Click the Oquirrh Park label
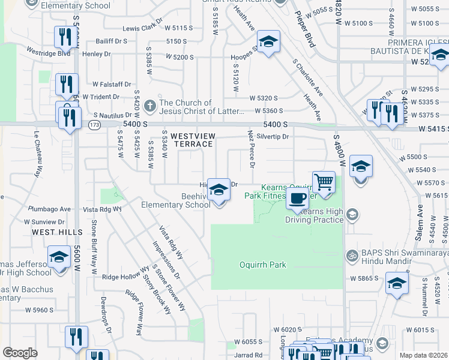pos(264,265)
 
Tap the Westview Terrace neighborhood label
pos(191,140)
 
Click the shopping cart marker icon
pos(324,182)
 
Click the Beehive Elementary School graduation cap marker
pos(219,191)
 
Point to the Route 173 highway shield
pos(94,125)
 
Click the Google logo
pos(20,353)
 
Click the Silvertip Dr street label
pos(277,137)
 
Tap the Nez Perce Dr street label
pos(252,149)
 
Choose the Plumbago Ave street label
pos(50,209)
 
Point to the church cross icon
pos(149,106)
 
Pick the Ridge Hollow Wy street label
pos(126,277)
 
